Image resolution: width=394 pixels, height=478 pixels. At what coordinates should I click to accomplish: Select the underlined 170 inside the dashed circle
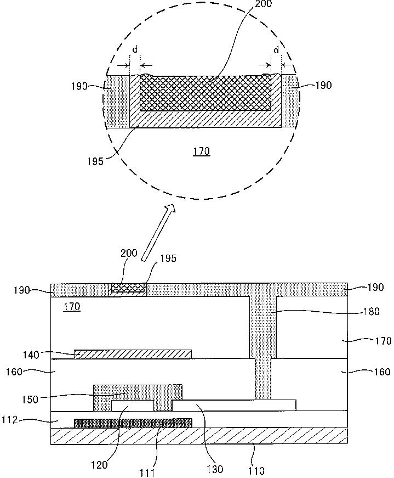coord(202,151)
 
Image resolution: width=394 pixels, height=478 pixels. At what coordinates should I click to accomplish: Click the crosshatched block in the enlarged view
coord(206,94)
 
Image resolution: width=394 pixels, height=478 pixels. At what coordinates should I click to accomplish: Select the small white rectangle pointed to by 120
coord(132,406)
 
